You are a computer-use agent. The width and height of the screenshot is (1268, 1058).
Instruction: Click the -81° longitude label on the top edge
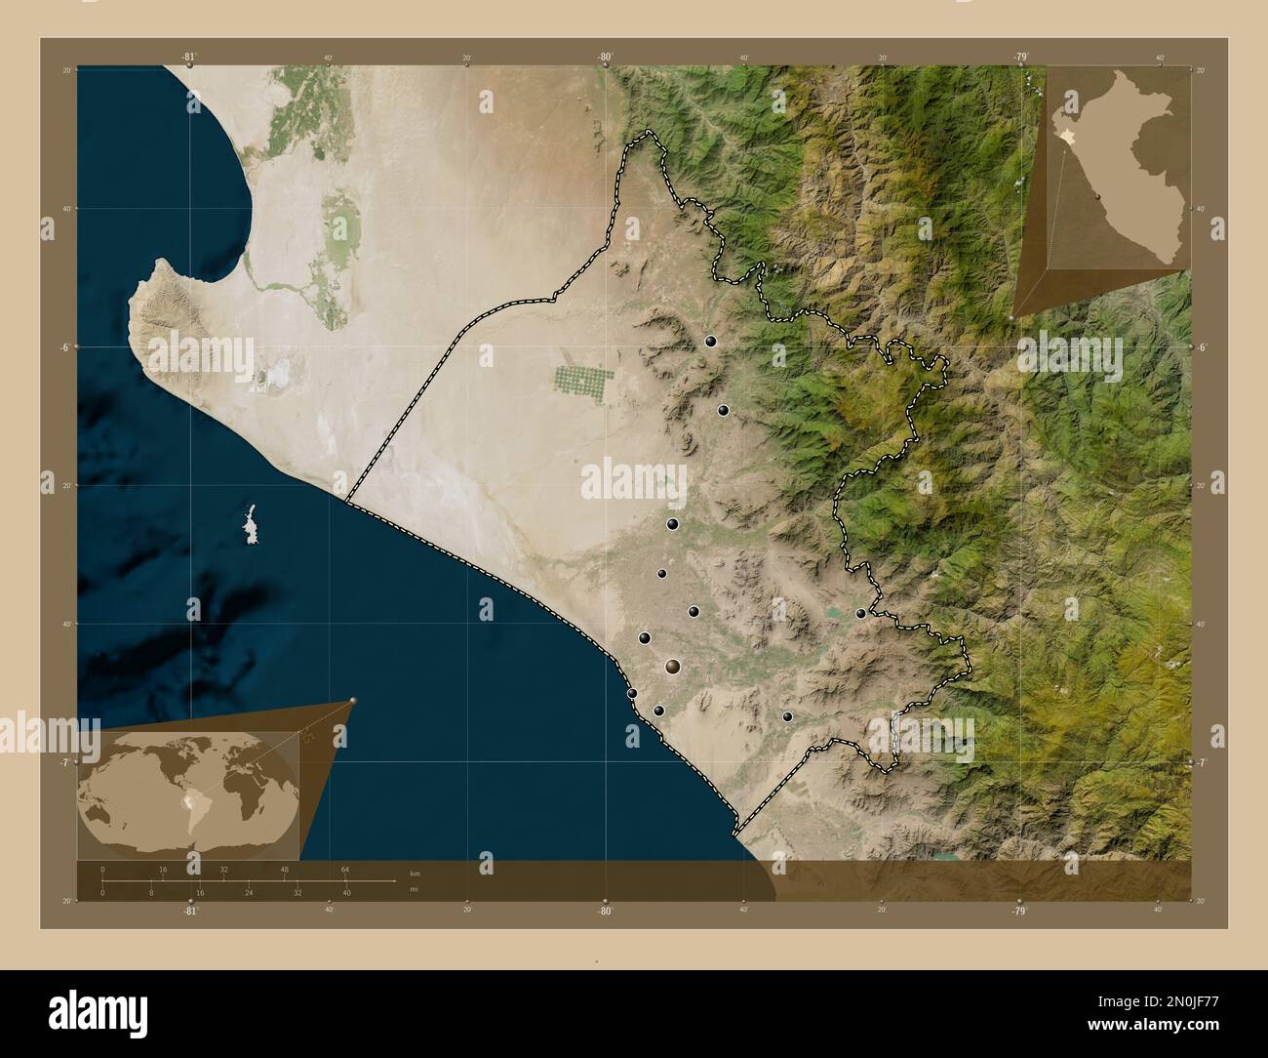(189, 57)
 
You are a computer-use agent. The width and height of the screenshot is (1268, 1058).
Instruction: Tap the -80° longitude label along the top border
(605, 57)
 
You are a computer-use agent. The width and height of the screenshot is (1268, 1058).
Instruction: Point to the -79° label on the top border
(1019, 57)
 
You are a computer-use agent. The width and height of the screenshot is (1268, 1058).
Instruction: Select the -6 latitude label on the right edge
(1203, 347)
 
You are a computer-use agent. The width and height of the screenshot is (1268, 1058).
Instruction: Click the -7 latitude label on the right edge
(1203, 762)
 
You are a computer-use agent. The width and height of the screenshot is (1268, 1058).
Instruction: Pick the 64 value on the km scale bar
(345, 869)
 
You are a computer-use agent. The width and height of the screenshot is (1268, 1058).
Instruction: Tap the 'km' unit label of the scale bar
(415, 873)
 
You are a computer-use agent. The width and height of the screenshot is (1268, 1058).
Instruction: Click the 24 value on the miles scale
(249, 892)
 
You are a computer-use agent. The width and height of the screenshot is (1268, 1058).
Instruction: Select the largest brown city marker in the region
(673, 667)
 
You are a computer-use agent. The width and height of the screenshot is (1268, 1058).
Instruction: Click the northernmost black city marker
(710, 342)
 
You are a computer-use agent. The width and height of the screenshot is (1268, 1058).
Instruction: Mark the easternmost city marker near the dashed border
(860, 613)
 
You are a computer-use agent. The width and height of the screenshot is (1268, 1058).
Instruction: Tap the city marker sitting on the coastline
(632, 693)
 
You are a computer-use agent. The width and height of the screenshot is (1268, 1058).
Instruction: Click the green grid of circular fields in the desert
(584, 383)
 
